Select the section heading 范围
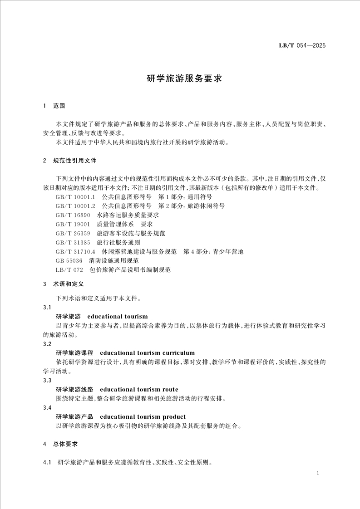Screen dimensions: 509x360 coord(59,106)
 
